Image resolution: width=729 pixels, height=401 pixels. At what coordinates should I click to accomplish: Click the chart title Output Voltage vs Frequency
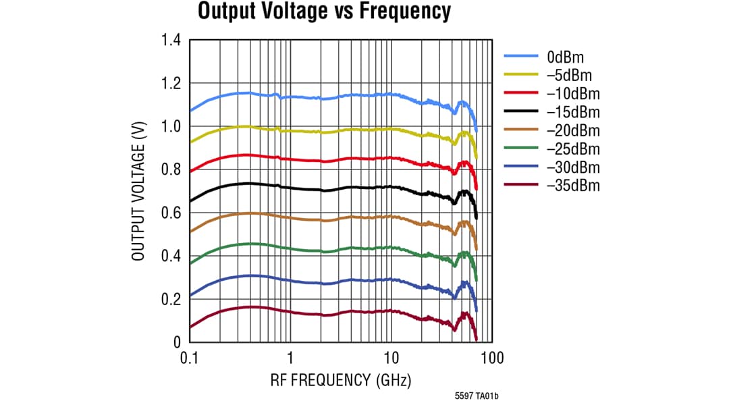pos(323,11)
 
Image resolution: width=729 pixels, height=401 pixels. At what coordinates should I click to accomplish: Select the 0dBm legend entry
pos(564,57)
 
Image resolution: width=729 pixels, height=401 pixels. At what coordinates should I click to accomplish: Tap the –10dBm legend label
pos(572,93)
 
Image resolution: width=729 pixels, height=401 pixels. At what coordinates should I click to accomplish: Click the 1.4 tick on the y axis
pos(171,41)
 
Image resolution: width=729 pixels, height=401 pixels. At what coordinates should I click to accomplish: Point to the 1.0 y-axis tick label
pos(171,127)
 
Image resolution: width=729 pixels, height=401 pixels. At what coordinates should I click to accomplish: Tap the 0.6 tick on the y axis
pos(171,213)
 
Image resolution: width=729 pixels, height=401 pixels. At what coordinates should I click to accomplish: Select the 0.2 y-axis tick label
pos(171,300)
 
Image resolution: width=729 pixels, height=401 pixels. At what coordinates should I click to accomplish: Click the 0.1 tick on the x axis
pos(189,357)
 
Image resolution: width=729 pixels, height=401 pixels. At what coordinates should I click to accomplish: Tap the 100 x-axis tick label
pos(492,357)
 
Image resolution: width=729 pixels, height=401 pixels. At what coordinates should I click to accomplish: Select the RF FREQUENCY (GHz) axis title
pos(340,379)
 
